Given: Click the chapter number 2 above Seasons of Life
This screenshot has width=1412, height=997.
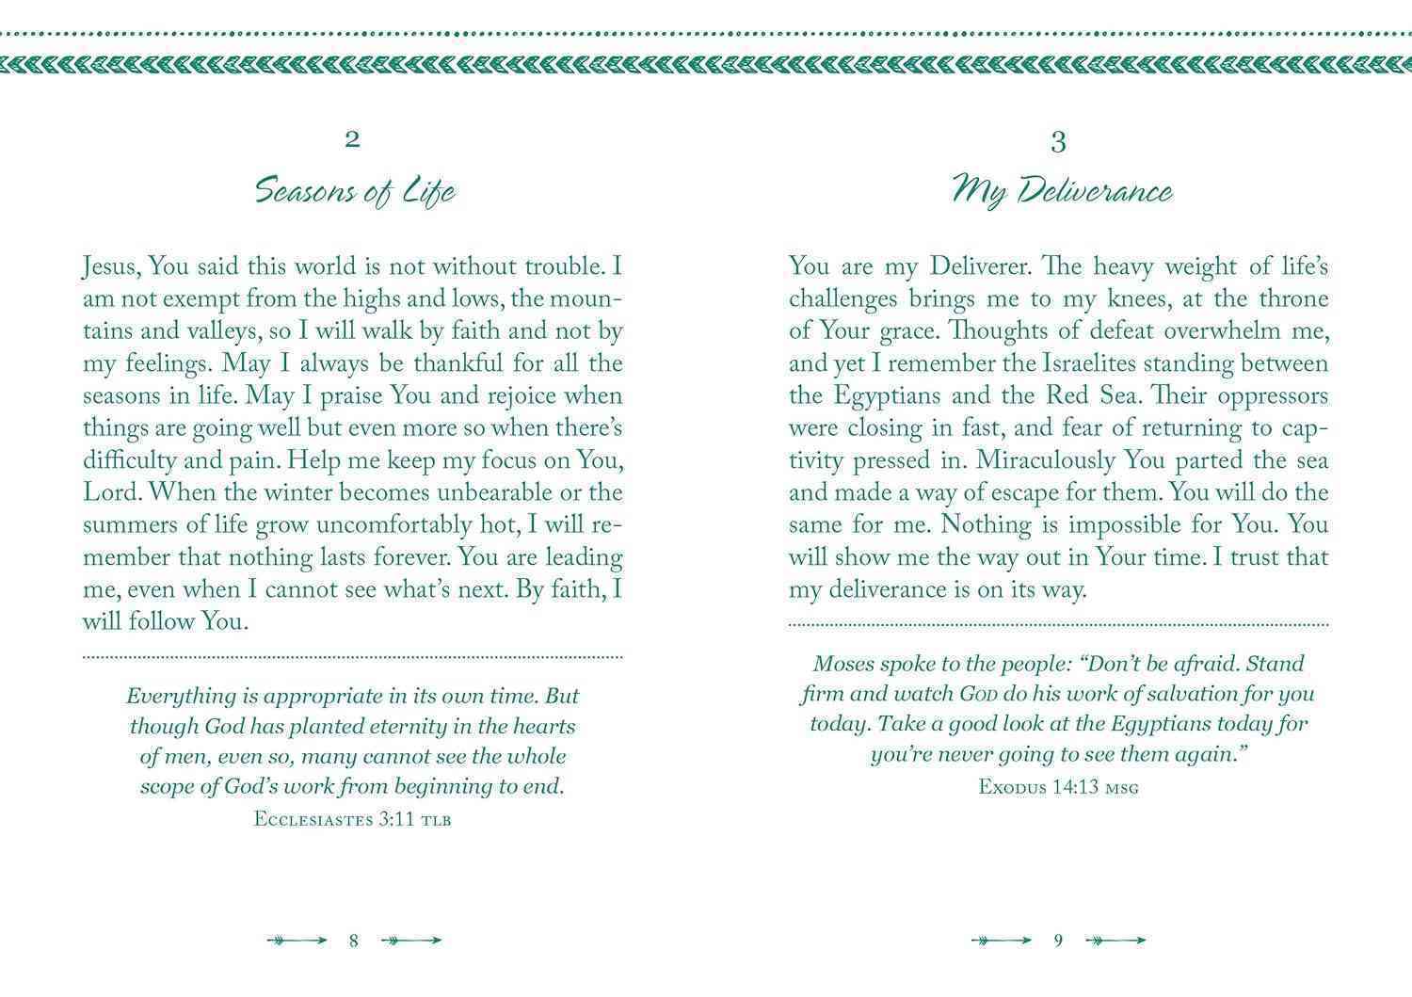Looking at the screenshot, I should pyautogui.click(x=353, y=140).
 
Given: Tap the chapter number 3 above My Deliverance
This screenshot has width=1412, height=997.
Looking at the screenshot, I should pyautogui.click(x=1058, y=142).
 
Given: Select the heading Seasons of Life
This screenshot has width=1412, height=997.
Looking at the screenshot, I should pyautogui.click(x=355, y=191).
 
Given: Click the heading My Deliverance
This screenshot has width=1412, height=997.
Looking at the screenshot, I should pyautogui.click(x=1061, y=191).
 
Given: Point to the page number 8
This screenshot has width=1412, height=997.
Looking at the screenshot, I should pyautogui.click(x=354, y=941).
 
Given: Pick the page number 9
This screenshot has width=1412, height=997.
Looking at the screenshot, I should pyautogui.click(x=1058, y=941).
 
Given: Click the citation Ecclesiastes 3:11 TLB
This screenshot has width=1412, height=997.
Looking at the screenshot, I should pyautogui.click(x=353, y=819).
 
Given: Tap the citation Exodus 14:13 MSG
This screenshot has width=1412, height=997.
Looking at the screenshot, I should pyautogui.click(x=1058, y=786).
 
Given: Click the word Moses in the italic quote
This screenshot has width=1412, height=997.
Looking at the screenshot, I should pyautogui.click(x=842, y=664).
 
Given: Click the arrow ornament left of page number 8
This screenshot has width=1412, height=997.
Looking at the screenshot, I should pyautogui.click(x=297, y=941).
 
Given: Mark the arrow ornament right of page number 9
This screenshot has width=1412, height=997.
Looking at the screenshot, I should pyautogui.click(x=1115, y=941).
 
